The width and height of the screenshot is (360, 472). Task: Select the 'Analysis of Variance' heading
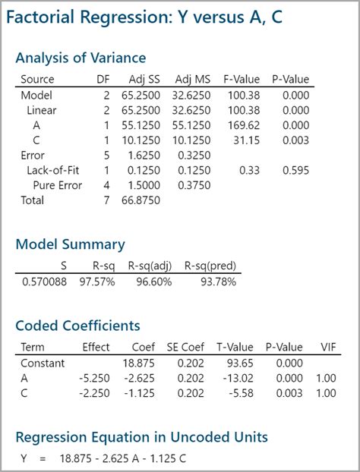(81, 58)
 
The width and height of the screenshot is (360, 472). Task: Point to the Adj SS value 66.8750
(143, 200)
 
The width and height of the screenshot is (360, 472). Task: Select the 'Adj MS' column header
(192, 80)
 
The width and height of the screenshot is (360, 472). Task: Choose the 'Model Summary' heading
(70, 244)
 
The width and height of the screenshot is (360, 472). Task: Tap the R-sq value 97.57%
(99, 282)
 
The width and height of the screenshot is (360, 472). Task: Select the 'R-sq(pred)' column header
(212, 266)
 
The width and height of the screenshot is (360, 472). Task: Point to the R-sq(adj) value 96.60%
(154, 282)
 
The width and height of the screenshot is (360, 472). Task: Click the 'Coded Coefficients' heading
(77, 326)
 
